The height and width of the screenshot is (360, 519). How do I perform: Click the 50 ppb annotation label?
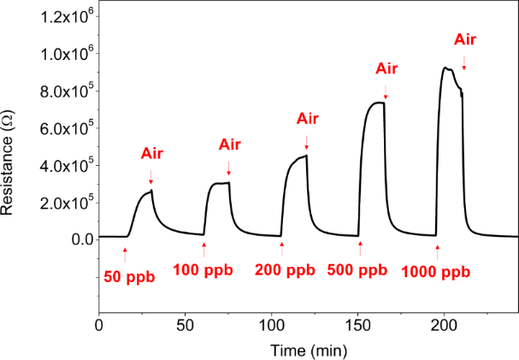[x=129, y=277]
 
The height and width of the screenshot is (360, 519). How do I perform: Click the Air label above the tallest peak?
[x=464, y=39]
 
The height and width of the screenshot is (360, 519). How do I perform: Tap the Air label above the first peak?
[x=151, y=154]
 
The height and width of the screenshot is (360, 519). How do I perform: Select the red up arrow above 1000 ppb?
[x=437, y=251]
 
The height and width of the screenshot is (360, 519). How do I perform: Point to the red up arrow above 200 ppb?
[x=282, y=249]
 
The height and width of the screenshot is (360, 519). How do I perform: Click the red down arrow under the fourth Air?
[x=386, y=90]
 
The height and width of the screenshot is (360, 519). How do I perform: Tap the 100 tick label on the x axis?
[x=271, y=327]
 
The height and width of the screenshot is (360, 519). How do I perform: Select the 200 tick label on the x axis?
[x=444, y=327]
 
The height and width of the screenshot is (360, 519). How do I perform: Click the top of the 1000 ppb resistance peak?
[x=446, y=68]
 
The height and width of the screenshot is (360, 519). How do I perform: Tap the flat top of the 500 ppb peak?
[x=376, y=103]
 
